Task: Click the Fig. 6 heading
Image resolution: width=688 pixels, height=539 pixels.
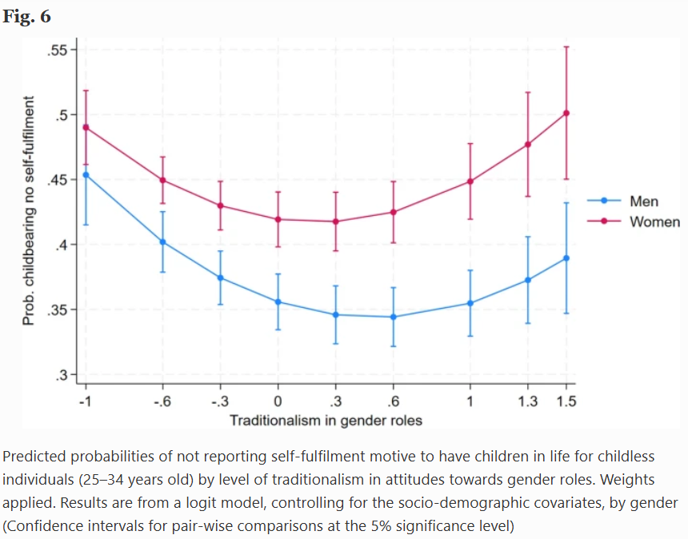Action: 26,16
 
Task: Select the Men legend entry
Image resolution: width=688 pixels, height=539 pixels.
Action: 642,201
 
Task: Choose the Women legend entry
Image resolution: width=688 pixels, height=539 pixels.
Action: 654,222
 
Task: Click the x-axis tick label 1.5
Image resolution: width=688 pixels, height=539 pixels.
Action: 566,401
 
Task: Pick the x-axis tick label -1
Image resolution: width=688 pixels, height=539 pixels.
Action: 85,401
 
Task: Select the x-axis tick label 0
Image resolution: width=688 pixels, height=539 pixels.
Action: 278,401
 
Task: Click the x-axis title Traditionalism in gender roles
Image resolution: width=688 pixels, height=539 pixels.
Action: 326,420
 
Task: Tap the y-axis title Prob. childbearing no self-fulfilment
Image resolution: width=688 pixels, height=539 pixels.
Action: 29,211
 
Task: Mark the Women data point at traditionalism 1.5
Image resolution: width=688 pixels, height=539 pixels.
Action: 566,113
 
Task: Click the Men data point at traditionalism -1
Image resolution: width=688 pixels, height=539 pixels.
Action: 86,174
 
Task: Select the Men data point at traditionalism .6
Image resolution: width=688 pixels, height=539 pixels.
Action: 393,317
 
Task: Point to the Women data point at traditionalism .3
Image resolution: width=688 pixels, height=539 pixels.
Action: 335,222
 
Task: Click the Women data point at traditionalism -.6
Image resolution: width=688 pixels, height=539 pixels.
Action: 162,180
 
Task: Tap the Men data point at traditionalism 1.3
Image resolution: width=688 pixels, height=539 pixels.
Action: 528,280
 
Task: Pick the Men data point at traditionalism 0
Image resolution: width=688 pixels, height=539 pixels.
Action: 278,301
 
